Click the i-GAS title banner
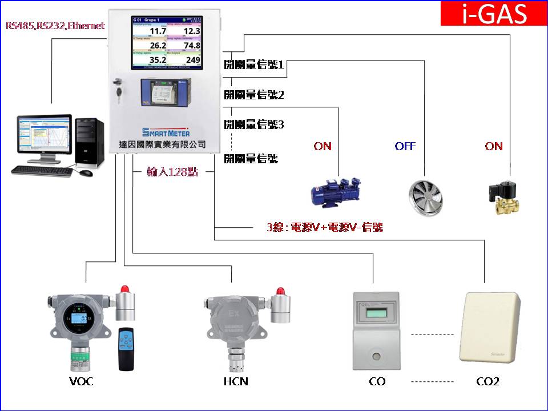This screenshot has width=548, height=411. tap(494, 14)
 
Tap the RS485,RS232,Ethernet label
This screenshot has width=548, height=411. tap(55, 26)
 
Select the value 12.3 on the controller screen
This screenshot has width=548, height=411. tap(191, 31)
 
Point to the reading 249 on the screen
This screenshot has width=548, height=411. tap(193, 60)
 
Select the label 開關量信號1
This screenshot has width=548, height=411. tap(254, 65)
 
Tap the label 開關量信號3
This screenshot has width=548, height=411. tap(254, 124)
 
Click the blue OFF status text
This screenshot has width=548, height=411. tap(405, 146)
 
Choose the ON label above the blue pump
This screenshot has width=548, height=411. tap(323, 146)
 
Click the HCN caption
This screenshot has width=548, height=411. tap(236, 381)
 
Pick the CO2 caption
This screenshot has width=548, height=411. tap(487, 381)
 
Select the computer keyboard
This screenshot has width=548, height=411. tap(41, 170)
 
